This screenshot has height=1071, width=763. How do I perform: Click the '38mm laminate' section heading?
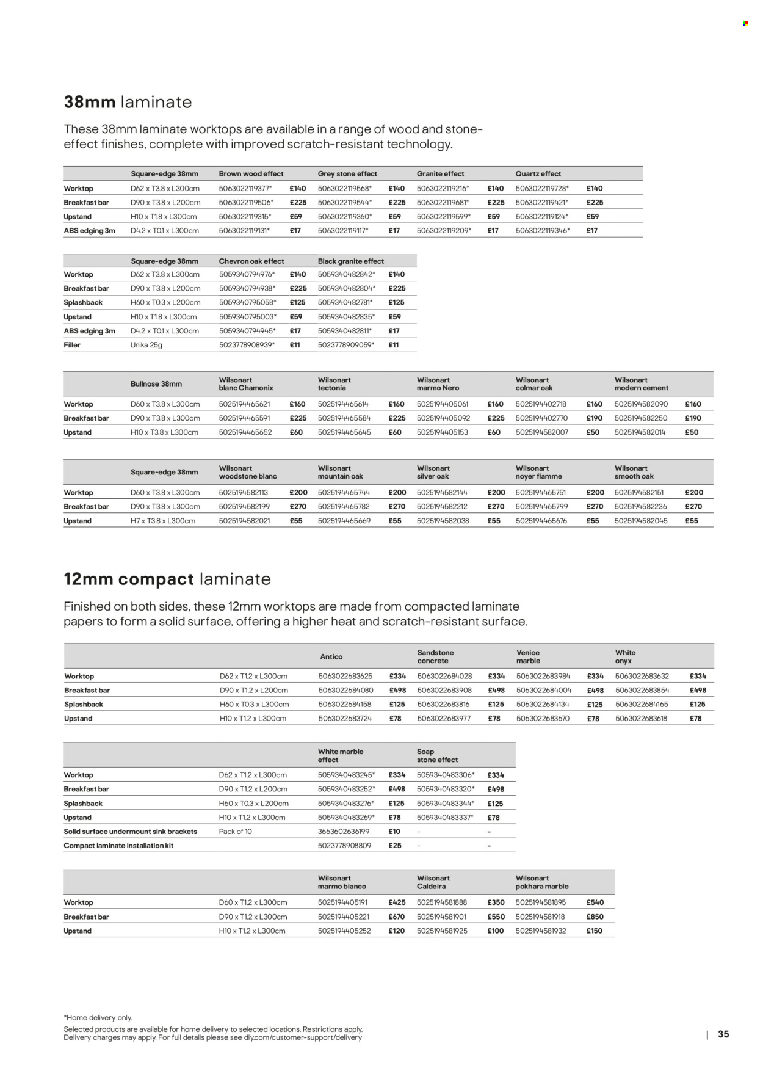128,102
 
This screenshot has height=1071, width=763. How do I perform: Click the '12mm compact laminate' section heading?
167,579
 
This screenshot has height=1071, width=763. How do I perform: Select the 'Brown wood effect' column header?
251,174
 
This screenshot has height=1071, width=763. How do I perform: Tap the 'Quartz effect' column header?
538,174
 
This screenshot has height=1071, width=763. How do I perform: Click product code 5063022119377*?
245,189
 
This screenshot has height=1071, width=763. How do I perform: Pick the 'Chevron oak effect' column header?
251,261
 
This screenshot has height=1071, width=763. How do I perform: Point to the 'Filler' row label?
72,345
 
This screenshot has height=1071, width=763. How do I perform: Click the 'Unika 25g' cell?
146,345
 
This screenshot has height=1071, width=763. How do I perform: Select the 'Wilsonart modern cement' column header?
641,384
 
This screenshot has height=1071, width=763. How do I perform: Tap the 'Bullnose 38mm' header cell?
156,384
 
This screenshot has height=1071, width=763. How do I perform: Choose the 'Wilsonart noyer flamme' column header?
538,473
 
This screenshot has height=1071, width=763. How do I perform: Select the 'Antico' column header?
331,657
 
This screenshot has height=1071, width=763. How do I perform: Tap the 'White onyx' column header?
625,657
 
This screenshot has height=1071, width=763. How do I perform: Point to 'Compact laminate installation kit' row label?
118,846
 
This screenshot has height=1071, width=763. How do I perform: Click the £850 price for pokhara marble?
595,917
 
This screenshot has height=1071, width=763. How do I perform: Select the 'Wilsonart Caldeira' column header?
433,882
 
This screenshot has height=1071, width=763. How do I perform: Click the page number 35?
723,1034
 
